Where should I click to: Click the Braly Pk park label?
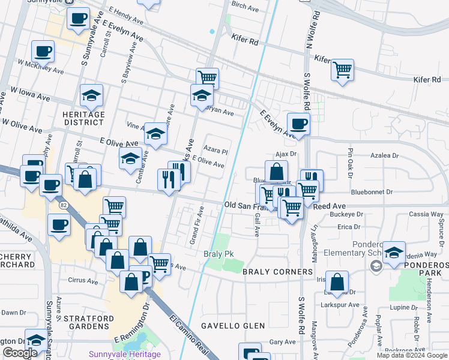pos(218,254)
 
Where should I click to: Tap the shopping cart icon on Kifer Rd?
pos(342,70)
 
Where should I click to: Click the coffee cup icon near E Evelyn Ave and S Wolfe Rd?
pos(298,124)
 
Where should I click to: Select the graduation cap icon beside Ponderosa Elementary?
pos(394,253)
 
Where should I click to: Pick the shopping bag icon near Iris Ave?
pos(338,283)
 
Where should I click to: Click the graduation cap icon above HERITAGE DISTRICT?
pos(91,95)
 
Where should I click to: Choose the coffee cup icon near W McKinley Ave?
pos(43,52)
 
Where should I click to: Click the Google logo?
pos(20,353)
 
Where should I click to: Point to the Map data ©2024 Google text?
pos(412,355)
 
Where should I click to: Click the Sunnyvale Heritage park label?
pos(125,354)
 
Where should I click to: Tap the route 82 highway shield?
pos(64,205)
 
